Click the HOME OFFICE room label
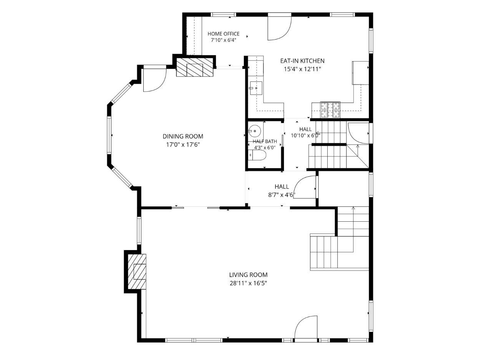click(224, 34)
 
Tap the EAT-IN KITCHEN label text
click(302, 61)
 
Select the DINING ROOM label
click(183, 136)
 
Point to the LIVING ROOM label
click(248, 275)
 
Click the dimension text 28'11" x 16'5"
click(248, 283)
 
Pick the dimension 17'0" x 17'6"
click(183, 144)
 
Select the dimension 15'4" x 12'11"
click(302, 69)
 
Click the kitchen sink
click(255, 88)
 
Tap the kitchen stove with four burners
click(330, 110)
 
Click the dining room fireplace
click(194, 67)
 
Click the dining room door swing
click(155, 80)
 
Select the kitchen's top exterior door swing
click(279, 28)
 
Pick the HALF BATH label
click(265, 141)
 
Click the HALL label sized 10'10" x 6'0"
click(305, 129)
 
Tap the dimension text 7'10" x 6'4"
click(224, 40)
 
